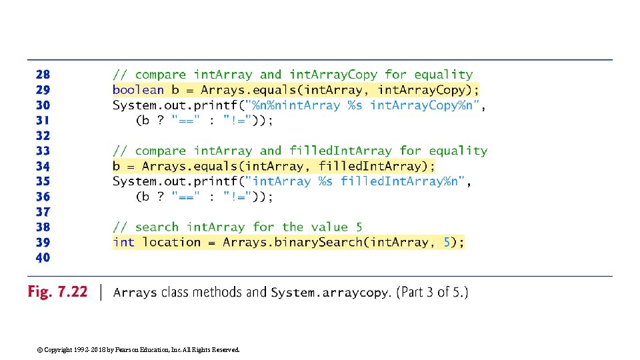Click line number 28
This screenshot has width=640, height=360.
click(42, 75)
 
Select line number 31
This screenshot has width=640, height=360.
click(42, 121)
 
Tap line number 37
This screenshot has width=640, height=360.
click(42, 212)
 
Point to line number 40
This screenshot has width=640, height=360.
click(42, 258)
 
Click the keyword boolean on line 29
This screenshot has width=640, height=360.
click(138, 90)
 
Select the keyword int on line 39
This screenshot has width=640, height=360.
click(123, 243)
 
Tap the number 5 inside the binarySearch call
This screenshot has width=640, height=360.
click(447, 243)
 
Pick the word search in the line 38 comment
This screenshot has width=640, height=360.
click(157, 227)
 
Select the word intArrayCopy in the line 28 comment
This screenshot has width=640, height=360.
click(333, 75)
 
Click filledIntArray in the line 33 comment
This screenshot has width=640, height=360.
click(341, 151)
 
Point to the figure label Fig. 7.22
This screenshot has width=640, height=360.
click(57, 292)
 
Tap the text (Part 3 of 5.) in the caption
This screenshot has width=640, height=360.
click(432, 293)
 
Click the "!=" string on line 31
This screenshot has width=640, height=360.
click(239, 121)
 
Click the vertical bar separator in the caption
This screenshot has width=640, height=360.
click(101, 292)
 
